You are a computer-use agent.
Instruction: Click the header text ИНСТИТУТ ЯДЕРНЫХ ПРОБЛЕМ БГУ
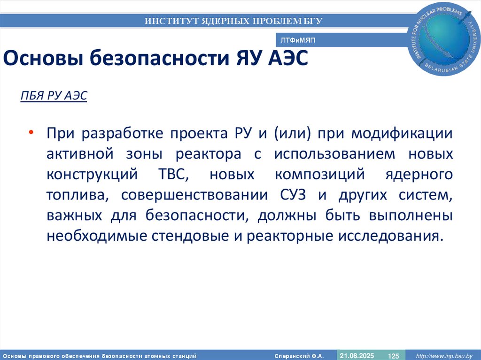point(233,21)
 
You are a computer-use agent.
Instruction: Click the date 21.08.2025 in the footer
point(357,355)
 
